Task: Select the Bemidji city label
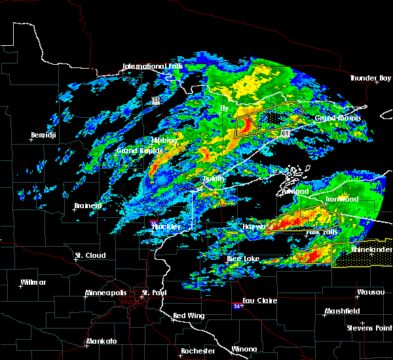tap(43, 135)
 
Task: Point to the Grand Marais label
tap(338, 118)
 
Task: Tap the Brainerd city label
tap(87, 206)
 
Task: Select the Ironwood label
tap(343, 199)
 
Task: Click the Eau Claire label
tap(260, 300)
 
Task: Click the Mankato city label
tap(101, 341)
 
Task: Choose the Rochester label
tap(198, 351)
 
